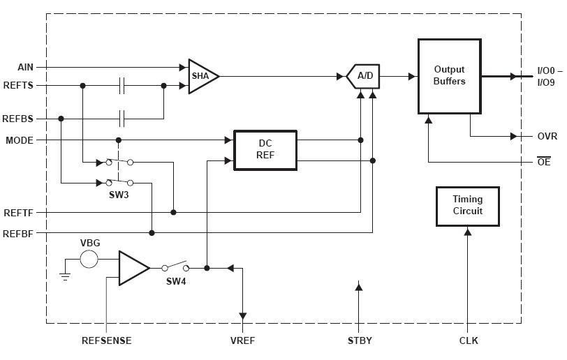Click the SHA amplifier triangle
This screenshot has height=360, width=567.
(202, 76)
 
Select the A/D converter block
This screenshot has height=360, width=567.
(364, 76)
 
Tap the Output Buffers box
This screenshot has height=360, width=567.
(449, 76)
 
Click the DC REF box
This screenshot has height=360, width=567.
(265, 149)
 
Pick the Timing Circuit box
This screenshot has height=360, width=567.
(468, 206)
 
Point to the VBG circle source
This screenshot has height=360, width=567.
(89, 260)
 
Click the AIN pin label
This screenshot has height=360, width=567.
(25, 67)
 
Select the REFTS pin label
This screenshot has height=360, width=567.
(18, 85)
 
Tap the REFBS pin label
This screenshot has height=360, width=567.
(18, 119)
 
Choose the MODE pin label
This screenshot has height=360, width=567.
(20, 140)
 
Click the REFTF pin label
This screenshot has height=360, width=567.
(18, 213)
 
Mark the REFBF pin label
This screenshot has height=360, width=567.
(18, 233)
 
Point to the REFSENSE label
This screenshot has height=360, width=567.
(106, 341)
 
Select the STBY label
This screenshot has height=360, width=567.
(360, 341)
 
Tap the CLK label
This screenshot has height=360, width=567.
(469, 341)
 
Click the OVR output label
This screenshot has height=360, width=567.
(547, 137)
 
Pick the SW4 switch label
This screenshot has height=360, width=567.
(177, 281)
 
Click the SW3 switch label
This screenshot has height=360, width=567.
(119, 195)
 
